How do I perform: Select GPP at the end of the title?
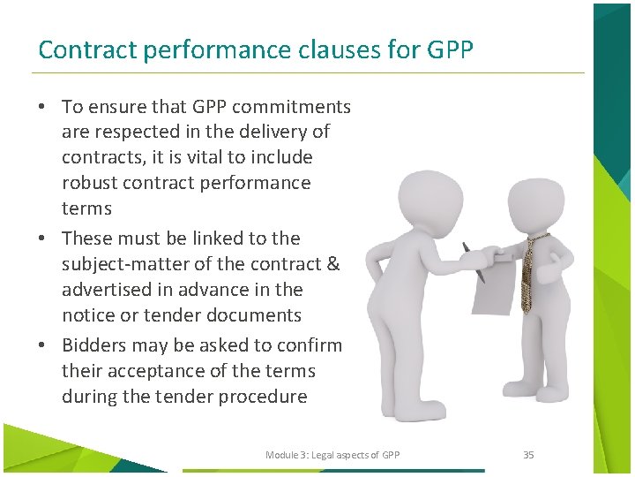coord(450,49)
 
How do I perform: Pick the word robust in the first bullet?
coord(89,184)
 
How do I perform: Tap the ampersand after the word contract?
coord(332,264)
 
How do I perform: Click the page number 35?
coord(528,455)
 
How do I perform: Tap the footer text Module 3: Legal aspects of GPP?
coord(332,455)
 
